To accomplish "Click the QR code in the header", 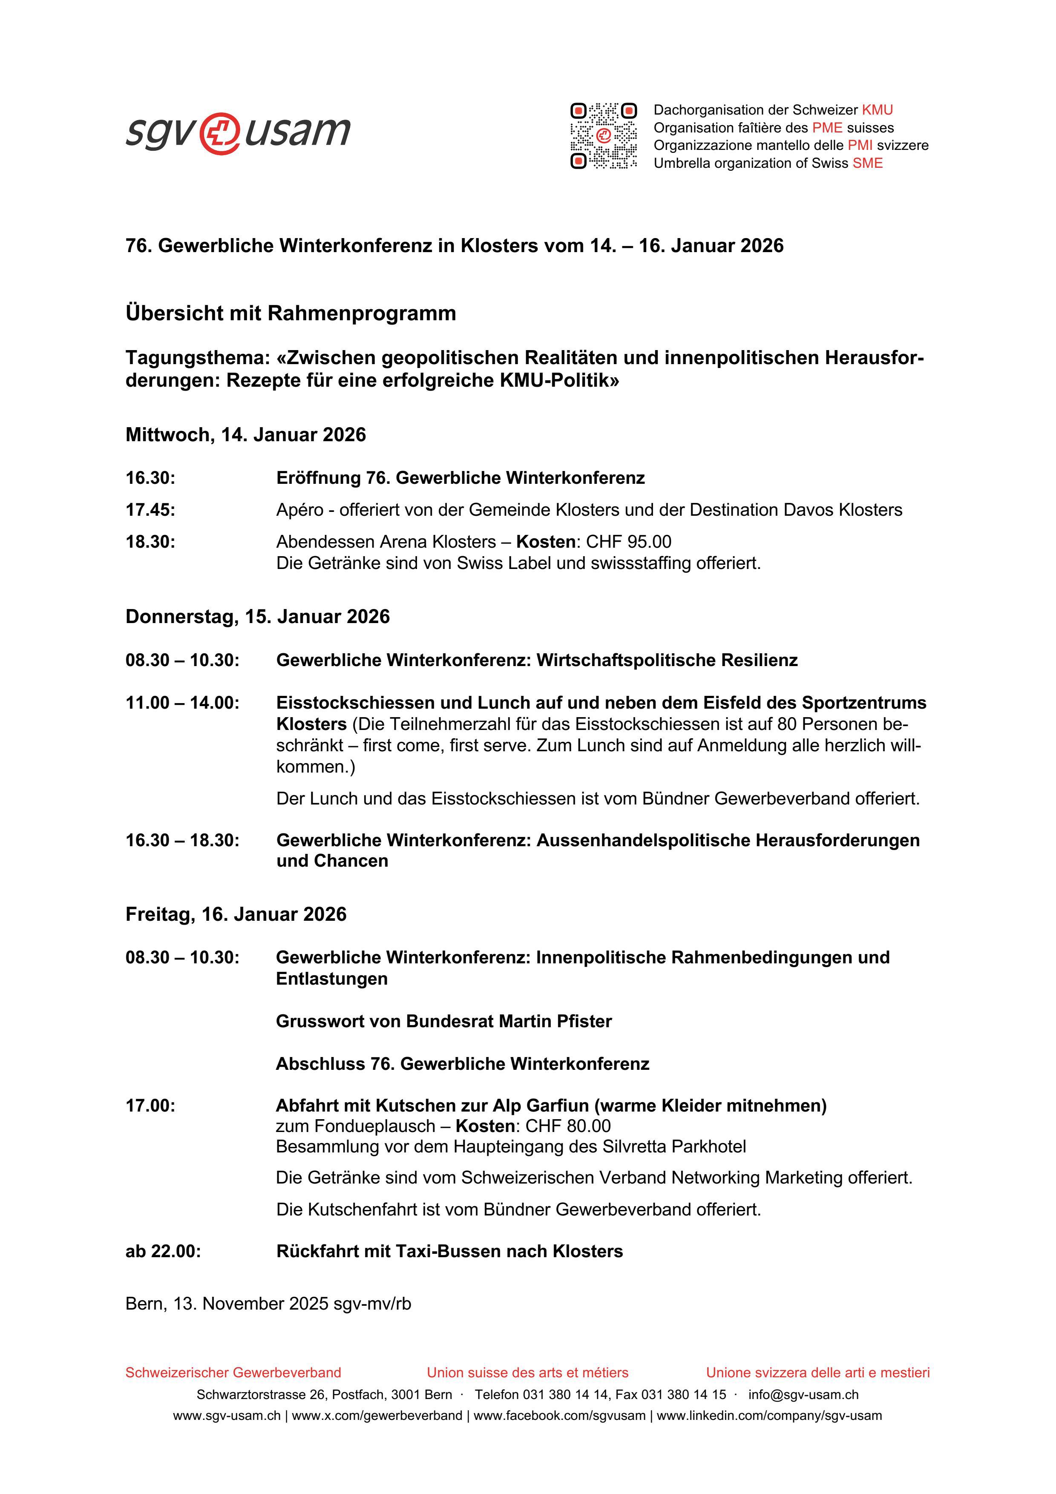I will (603, 135).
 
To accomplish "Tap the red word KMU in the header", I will (877, 110).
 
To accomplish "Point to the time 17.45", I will (150, 509).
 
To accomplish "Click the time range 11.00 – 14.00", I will (182, 703).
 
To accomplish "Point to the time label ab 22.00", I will (163, 1251).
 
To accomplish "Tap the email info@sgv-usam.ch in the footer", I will (803, 1394).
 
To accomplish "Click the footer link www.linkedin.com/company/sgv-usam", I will (769, 1415).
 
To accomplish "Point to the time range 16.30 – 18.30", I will (182, 840).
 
